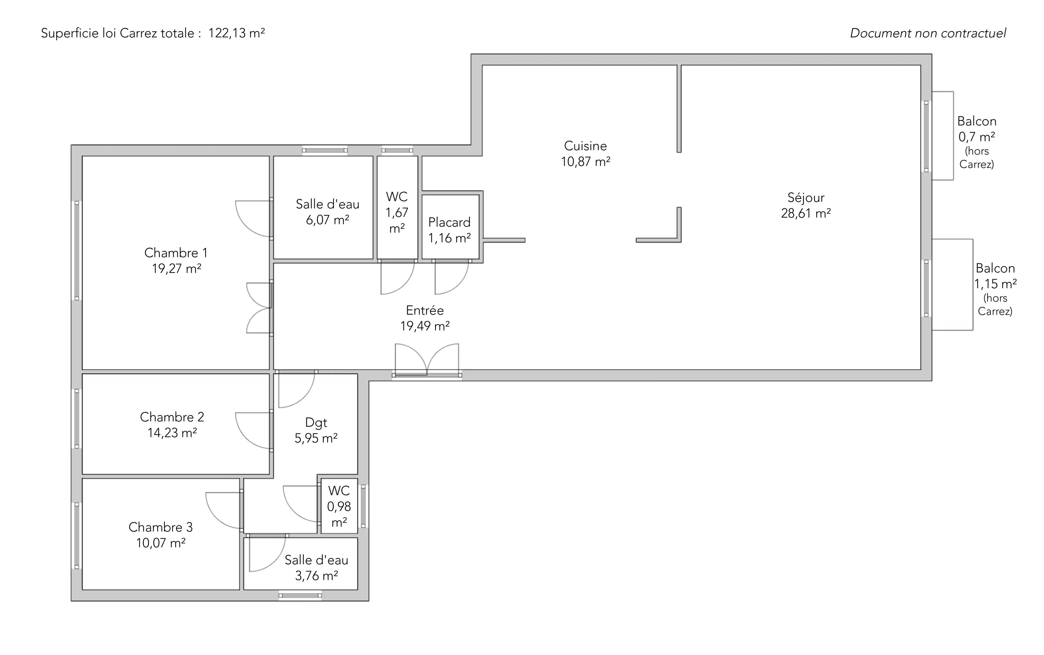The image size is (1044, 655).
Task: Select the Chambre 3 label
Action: (160, 527)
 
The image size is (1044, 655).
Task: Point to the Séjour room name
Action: (805, 198)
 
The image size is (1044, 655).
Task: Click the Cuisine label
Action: (585, 146)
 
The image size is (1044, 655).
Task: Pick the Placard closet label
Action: (449, 222)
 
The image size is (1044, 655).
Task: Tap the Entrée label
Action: (425, 310)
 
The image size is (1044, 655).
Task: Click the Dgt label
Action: (316, 423)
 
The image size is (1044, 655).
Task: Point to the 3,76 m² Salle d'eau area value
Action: (317, 576)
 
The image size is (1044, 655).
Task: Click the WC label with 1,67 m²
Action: (397, 197)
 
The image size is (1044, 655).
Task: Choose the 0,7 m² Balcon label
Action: (977, 121)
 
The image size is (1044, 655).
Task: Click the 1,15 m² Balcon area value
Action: (995, 284)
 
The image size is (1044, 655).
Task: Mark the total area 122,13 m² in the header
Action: (236, 33)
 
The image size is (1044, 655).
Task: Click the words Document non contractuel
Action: (928, 33)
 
